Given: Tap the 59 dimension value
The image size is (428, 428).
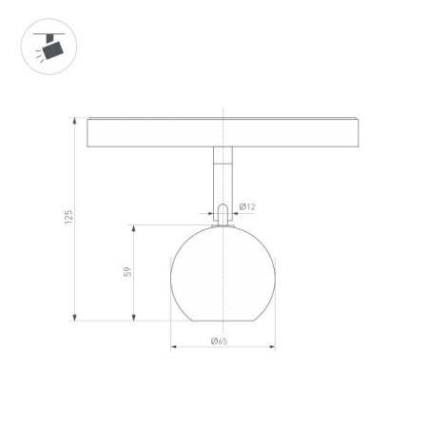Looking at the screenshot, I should point(126,272).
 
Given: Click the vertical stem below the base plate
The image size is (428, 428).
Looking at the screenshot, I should point(222,175).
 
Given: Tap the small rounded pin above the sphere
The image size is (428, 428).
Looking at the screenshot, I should point(222,214).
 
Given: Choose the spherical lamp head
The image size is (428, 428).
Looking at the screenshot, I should point(222,273).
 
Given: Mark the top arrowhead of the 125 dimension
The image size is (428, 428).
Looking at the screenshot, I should point(75,122).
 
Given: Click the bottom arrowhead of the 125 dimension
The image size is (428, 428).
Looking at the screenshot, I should point(75,318).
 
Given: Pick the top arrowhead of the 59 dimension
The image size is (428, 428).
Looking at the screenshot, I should point(134,229).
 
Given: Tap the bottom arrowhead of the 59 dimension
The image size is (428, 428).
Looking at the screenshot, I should point(134,318).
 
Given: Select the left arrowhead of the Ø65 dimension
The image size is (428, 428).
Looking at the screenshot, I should point(174,347).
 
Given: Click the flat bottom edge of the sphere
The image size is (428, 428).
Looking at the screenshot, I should point(222,321).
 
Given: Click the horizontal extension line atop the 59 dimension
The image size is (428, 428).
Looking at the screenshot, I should point(171,225).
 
